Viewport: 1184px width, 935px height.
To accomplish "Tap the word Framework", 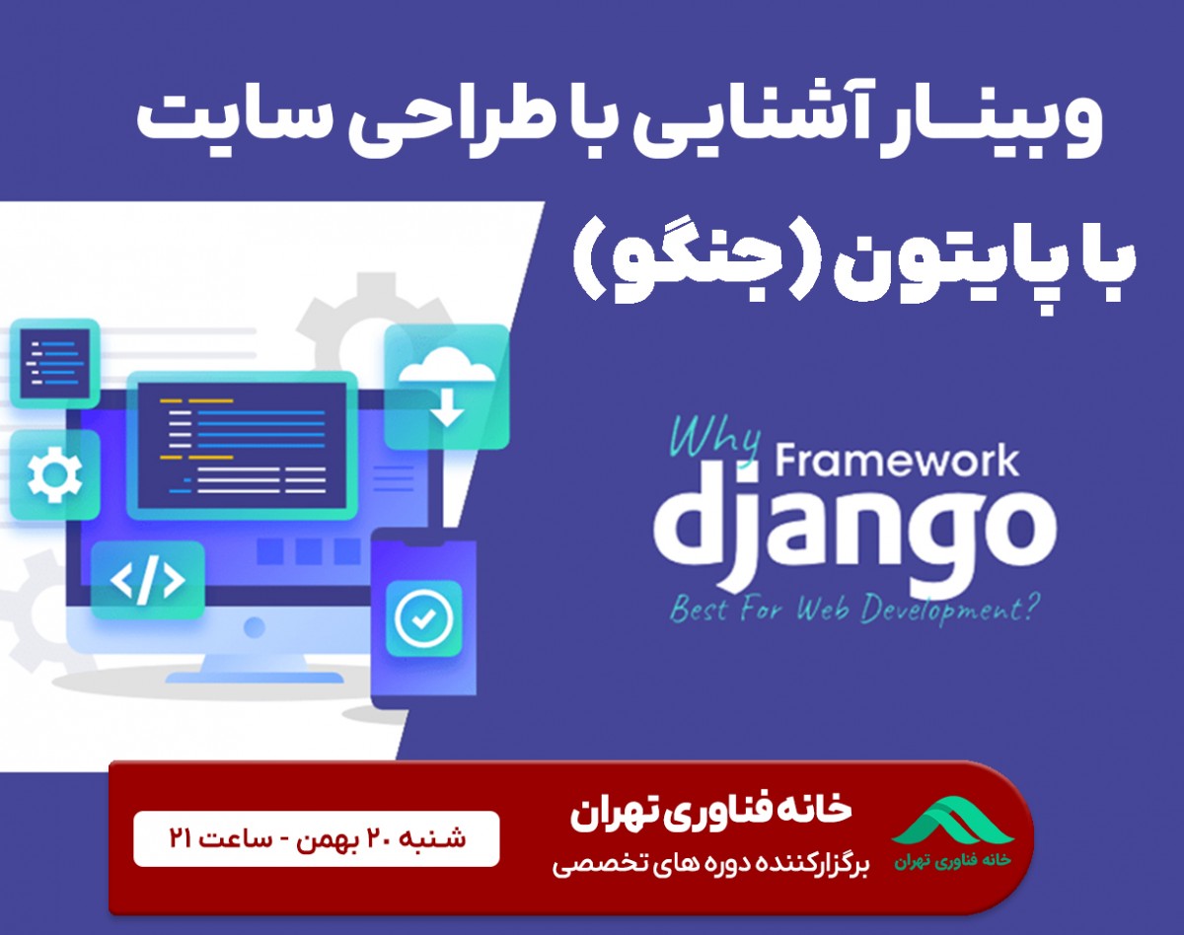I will pos(898,462).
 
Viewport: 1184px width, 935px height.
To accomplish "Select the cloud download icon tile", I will pos(447,387).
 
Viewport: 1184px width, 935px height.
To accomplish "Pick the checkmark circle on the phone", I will pos(422,618).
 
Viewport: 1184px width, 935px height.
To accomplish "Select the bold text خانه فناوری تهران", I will pos(710,811).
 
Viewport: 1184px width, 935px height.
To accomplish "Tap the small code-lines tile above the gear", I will pos(54,362).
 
